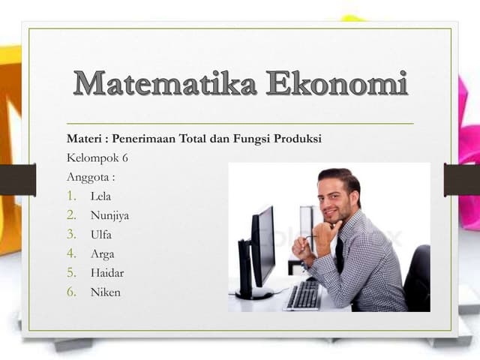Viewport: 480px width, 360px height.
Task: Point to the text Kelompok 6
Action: point(97,158)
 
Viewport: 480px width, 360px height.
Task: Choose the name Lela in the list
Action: point(100,196)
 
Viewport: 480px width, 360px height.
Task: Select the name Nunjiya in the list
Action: point(109,216)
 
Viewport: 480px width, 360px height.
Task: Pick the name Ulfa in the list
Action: point(100,235)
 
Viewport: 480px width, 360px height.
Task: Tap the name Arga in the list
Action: point(102,254)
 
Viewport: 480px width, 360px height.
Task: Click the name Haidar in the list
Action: point(106,273)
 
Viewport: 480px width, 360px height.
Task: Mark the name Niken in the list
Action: point(105,292)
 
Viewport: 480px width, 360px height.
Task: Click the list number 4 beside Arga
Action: point(72,253)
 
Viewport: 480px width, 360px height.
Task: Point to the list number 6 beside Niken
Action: point(72,292)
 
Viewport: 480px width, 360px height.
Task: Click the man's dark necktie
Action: point(340,255)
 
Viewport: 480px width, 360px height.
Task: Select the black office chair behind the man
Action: point(417,277)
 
